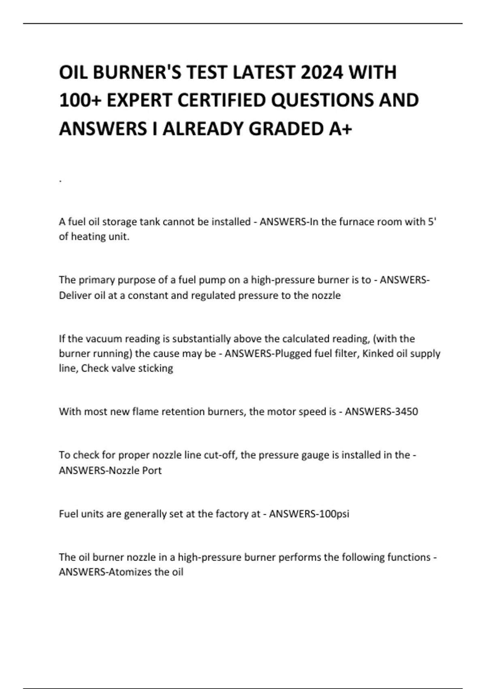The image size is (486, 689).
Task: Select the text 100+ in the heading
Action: tap(80, 101)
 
